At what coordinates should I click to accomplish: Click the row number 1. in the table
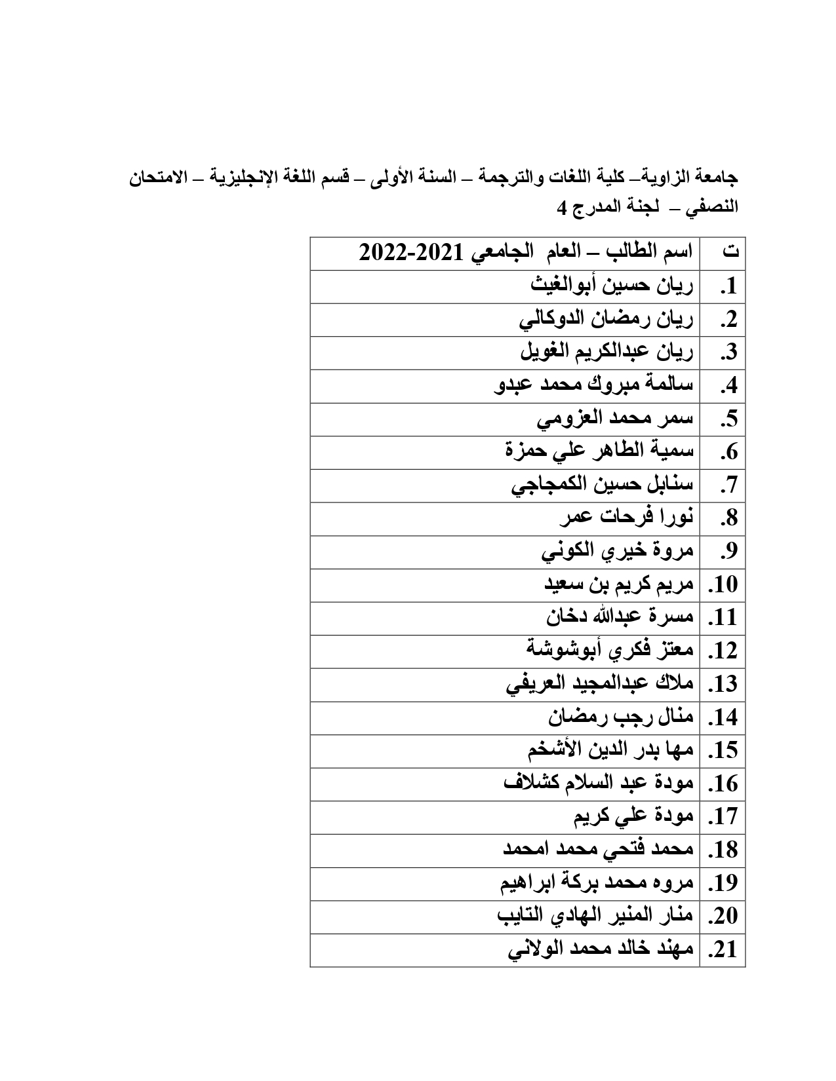pyautogui.click(x=728, y=287)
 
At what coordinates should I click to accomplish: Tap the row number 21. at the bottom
pyautogui.click(x=724, y=950)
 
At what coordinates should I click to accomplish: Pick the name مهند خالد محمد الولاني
pyautogui.click(x=601, y=950)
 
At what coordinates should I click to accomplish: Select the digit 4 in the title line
pyautogui.click(x=561, y=208)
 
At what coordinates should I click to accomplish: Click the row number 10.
pyautogui.click(x=724, y=585)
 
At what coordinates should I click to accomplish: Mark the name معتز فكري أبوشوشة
pyautogui.click(x=610, y=651)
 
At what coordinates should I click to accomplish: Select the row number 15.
pyautogui.click(x=724, y=751)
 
